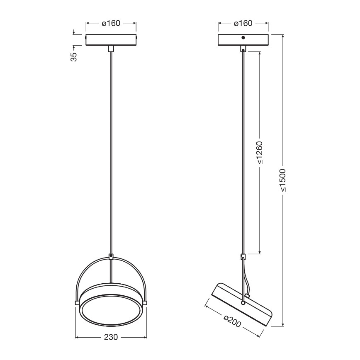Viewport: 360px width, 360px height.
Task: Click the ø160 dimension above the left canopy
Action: pyautogui.click(x=111, y=24)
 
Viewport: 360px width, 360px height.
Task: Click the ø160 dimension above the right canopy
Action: pyautogui.click(x=243, y=24)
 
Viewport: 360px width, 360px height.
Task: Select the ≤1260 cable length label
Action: pyautogui.click(x=260, y=153)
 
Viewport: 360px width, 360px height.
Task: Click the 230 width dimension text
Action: pyautogui.click(x=110, y=336)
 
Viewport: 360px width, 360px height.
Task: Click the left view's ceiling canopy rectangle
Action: pyautogui.click(x=111, y=39)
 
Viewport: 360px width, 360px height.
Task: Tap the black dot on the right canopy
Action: pyautogui.click(x=243, y=38)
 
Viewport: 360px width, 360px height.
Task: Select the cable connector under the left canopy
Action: pyautogui.click(x=111, y=49)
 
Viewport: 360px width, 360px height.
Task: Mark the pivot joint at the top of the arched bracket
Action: pyautogui.click(x=111, y=257)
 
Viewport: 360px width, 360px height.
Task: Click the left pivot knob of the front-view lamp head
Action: pyautogui.click(x=77, y=302)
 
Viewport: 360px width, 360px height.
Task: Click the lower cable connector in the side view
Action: pyautogui.click(x=243, y=256)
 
